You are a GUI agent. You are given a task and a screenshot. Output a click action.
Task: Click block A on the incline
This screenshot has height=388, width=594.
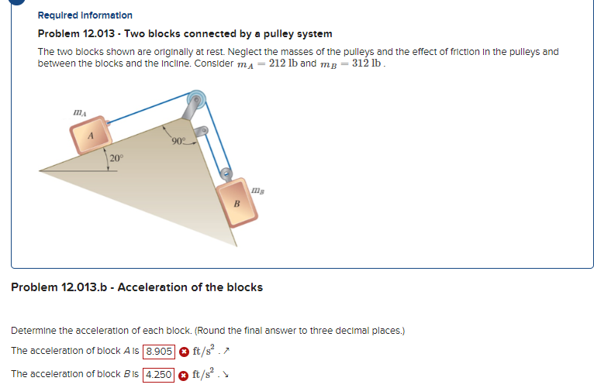[x=91, y=135]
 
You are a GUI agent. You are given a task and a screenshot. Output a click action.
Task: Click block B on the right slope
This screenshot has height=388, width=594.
[x=237, y=203]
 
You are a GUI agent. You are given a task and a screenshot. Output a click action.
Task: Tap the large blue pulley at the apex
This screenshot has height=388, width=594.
[x=196, y=100]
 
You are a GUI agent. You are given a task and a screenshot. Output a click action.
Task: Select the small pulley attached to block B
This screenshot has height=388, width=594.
[x=226, y=174]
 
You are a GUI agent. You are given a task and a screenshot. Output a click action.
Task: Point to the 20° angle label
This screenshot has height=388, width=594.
[x=116, y=158]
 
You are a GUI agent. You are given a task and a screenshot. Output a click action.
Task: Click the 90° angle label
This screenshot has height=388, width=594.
[x=179, y=141]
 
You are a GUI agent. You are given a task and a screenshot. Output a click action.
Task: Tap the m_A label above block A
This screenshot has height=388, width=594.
[x=80, y=113]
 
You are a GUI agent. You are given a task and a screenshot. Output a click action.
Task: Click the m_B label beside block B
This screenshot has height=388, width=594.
[x=257, y=191]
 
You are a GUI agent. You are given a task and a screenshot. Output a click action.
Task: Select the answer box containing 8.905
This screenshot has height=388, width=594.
[x=159, y=352]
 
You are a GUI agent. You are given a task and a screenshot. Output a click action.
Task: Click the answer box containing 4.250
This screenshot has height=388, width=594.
[x=158, y=375]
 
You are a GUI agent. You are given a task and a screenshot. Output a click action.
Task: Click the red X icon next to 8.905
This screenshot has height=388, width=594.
[x=184, y=352]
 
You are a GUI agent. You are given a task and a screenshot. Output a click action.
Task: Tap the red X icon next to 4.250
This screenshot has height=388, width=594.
[x=183, y=376]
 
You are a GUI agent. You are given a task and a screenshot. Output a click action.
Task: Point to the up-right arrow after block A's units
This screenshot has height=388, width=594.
[x=226, y=352]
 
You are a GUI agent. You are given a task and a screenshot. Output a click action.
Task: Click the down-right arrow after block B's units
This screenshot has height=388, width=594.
[x=226, y=375]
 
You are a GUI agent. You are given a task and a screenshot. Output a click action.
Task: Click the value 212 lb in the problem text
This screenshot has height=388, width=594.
[x=283, y=63]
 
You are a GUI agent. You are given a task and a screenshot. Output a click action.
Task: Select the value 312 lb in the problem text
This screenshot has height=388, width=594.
[x=366, y=63]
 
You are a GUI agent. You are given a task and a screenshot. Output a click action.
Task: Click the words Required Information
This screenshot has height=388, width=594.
[x=85, y=15]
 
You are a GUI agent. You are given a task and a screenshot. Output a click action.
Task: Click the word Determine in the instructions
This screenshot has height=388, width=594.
[x=33, y=331]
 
